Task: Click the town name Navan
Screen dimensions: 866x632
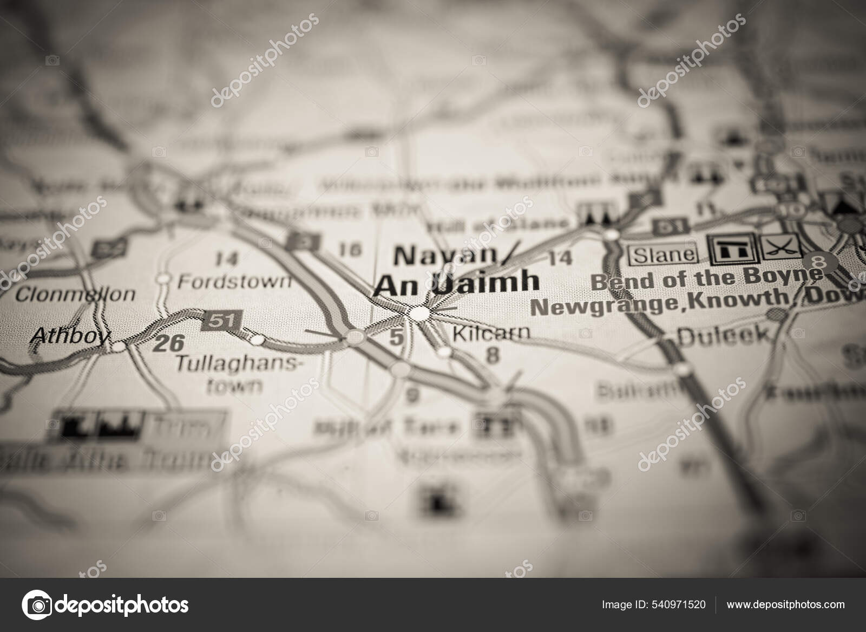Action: pos(445,256)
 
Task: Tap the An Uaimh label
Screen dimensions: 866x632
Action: pos(456,283)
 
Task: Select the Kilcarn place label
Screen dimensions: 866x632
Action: pos(491,333)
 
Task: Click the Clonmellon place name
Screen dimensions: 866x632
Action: pos(75,295)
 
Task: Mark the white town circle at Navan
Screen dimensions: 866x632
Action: pos(420,313)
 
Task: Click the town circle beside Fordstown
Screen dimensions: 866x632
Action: pos(163,279)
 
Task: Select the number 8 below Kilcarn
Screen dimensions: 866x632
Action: pos(492,355)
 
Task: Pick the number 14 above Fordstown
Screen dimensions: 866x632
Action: pos(226,258)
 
